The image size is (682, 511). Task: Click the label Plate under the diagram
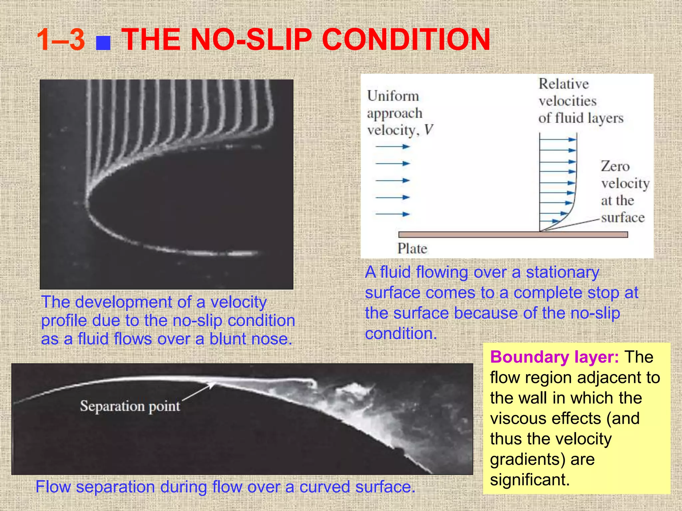pyautogui.click(x=412, y=249)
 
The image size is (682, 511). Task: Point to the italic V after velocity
pyautogui.click(x=429, y=130)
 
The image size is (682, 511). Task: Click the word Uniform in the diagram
pyautogui.click(x=393, y=96)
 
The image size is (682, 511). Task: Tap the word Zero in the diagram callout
pyautogui.click(x=615, y=166)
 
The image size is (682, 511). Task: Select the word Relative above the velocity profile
pyautogui.click(x=563, y=84)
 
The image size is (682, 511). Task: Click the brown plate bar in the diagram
pyautogui.click(x=513, y=235)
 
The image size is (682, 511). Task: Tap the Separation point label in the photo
pyautogui.click(x=130, y=406)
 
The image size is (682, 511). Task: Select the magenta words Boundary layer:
pyautogui.click(x=554, y=357)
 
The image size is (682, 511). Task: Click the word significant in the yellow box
pyautogui.click(x=529, y=480)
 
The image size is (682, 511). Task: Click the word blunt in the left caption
pyautogui.click(x=228, y=339)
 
